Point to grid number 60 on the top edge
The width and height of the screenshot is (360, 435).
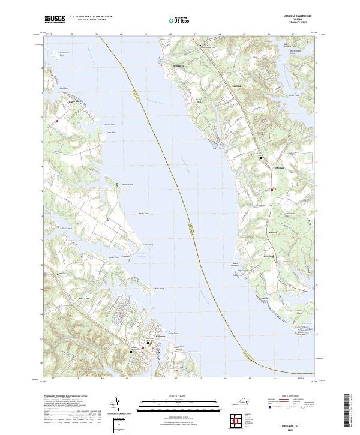pos(122,34)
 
